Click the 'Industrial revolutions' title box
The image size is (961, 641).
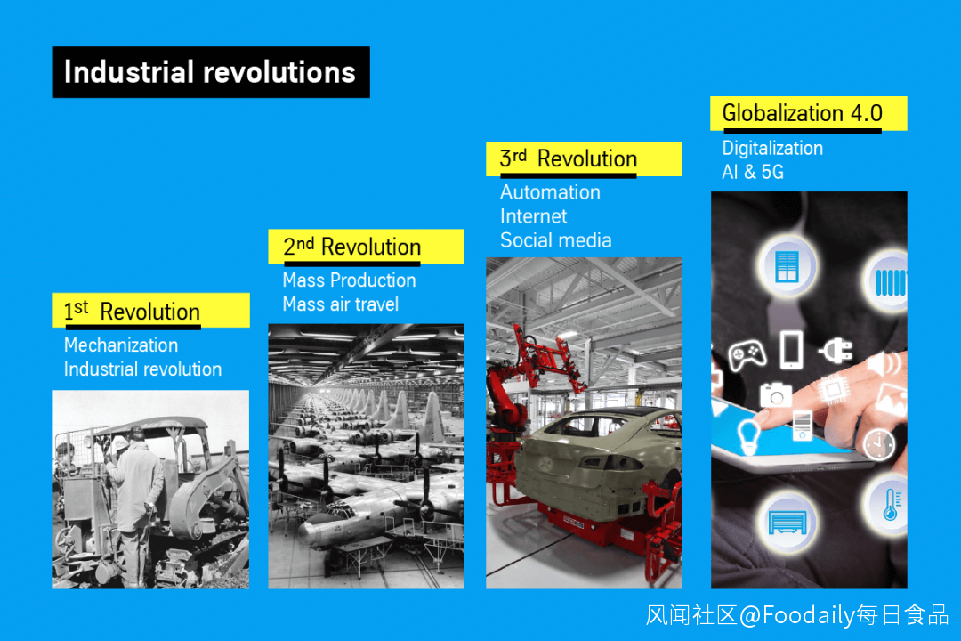coord(212,72)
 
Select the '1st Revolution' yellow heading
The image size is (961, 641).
coord(150,311)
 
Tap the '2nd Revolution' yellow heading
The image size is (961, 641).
coord(366,247)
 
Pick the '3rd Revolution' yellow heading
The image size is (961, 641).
coord(584,158)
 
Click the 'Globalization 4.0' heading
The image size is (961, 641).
coord(808,113)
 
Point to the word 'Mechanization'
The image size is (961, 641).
coord(121,345)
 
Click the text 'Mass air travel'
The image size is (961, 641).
coord(340,304)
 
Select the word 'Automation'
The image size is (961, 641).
coord(550,192)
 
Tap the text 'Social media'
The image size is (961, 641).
coord(555,239)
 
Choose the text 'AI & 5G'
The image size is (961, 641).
coord(753,172)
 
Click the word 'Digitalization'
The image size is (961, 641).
coord(772,149)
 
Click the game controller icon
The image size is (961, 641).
coord(747,354)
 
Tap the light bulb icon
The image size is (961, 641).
coord(748,436)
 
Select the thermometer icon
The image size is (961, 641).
coord(891,505)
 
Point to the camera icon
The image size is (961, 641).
coord(776,394)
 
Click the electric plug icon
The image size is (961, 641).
coord(836,350)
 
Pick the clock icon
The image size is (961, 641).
coord(879,444)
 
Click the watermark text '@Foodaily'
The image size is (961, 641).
coord(796,614)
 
